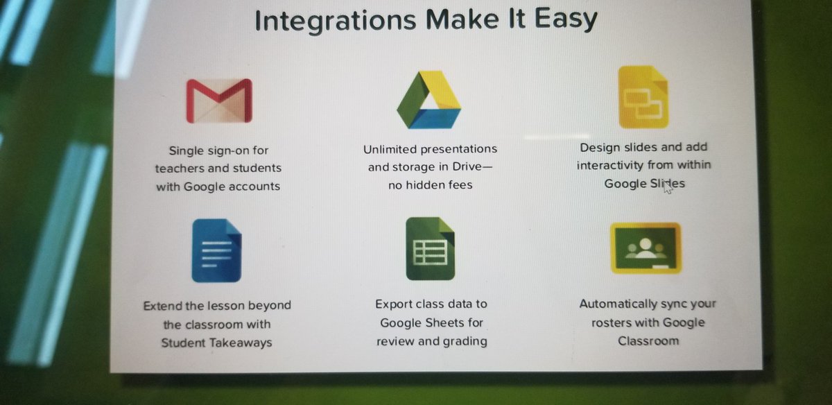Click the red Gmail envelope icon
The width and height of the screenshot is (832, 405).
[219, 101]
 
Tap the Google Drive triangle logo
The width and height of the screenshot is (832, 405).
[428, 100]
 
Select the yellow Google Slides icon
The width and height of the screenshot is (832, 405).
[643, 98]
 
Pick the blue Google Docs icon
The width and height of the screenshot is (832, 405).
[216, 250]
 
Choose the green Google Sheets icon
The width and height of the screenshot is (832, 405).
[430, 248]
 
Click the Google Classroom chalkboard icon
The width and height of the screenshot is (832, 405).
[645, 248]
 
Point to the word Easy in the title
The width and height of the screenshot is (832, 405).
[566, 19]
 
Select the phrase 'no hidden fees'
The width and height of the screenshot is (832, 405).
[430, 186]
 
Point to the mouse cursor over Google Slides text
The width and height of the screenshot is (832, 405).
[667, 186]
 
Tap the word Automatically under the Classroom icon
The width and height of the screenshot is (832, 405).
[618, 304]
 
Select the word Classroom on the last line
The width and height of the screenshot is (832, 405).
[648, 341]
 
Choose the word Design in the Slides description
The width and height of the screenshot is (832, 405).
[600, 147]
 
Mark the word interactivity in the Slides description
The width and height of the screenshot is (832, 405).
[609, 166]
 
